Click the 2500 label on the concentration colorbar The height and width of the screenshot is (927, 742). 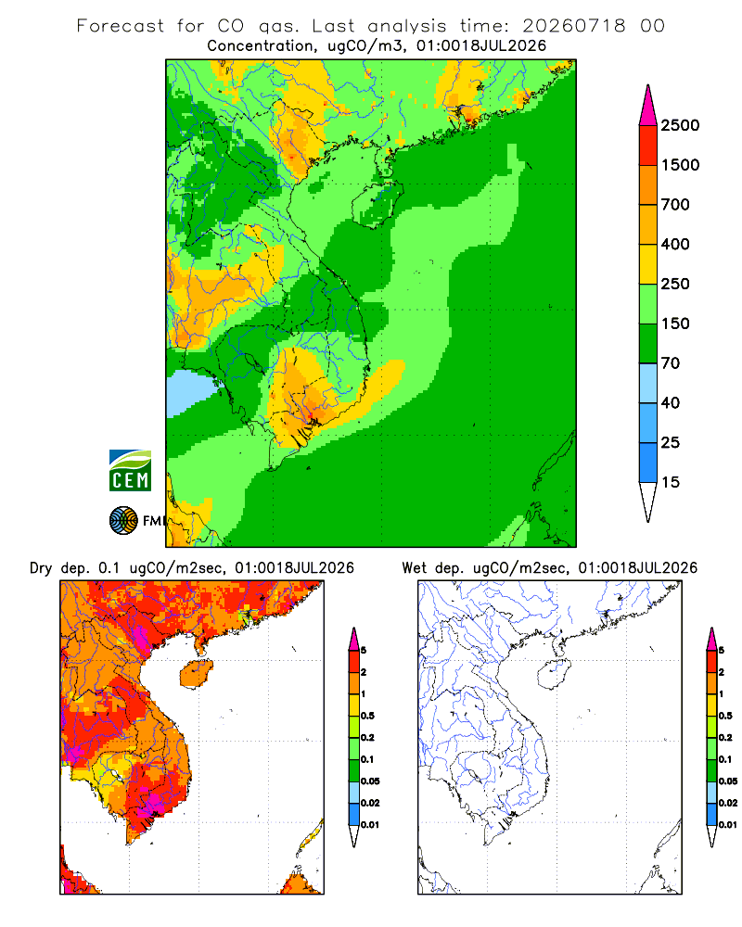tap(680, 125)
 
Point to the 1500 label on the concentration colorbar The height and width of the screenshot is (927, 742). tap(680, 165)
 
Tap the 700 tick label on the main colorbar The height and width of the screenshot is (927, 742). tap(675, 205)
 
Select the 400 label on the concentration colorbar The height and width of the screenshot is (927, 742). tap(675, 244)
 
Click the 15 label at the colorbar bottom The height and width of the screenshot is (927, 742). tap(671, 482)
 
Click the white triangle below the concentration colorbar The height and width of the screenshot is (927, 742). tap(648, 500)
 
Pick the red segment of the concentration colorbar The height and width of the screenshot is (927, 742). tap(648, 145)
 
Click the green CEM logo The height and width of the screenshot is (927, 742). tap(130, 471)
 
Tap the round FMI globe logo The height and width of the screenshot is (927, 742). tap(123, 521)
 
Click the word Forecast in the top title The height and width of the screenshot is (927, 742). tap(121, 26)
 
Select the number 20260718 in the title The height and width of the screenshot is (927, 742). tap(573, 26)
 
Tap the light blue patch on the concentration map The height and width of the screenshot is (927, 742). tap(189, 392)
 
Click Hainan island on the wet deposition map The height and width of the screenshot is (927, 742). tap(554, 674)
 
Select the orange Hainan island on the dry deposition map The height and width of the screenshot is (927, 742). tap(196, 674)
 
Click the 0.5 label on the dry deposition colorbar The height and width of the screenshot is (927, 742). tap(367, 716)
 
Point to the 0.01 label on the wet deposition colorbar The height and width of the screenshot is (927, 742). tap(728, 825)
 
